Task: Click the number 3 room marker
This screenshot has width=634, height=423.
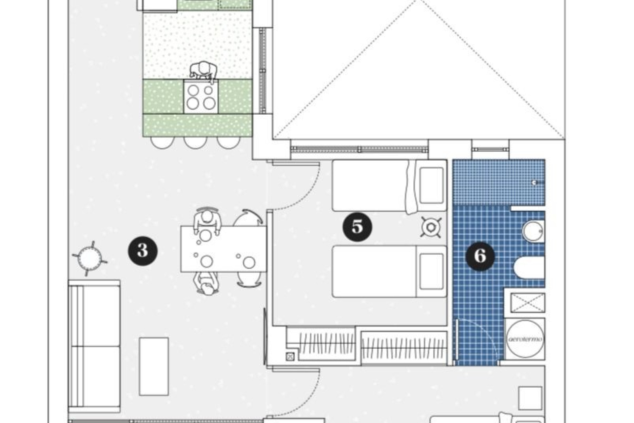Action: [143, 250]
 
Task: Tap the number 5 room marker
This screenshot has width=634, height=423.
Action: [357, 227]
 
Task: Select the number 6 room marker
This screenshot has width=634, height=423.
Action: [480, 256]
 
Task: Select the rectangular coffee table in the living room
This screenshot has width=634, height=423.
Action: [154, 366]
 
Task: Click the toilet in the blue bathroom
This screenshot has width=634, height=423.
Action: [528, 268]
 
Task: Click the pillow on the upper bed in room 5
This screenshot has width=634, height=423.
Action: [431, 185]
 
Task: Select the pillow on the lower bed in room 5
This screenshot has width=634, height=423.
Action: [431, 271]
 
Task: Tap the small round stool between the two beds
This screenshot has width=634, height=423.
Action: [431, 227]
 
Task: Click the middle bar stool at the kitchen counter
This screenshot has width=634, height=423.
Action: [195, 142]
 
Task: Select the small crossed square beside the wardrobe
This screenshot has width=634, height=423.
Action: [290, 356]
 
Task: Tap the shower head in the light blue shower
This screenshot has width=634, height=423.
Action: [535, 182]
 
